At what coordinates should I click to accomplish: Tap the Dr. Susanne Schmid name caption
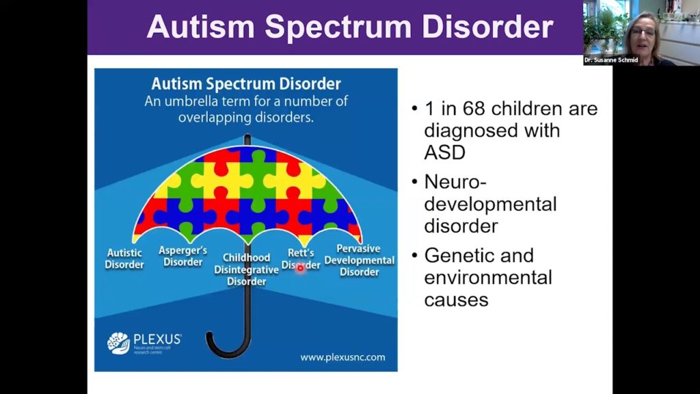tap(610, 60)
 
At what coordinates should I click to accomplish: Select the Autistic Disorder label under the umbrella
tap(124, 259)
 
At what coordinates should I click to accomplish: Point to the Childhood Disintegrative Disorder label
tap(247, 270)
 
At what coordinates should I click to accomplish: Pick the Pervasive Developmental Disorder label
tap(360, 260)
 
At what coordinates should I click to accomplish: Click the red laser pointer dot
tap(299, 267)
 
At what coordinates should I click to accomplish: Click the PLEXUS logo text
tap(157, 339)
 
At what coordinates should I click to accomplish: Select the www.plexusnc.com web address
tap(342, 357)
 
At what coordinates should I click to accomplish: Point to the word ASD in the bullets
tap(445, 152)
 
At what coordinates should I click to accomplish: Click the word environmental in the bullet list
tap(488, 278)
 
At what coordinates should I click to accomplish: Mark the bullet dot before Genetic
tap(415, 256)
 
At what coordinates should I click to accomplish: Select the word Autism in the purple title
tap(202, 27)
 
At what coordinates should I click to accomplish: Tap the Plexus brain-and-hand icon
tap(118, 343)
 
